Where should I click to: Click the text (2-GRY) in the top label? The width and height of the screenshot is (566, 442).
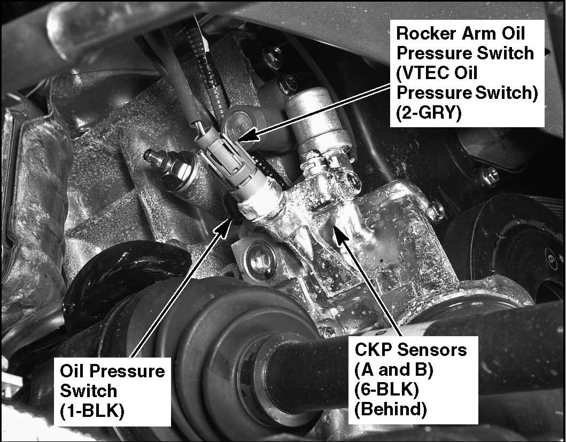[x=429, y=113]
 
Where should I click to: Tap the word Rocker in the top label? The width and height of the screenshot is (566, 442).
[x=426, y=34]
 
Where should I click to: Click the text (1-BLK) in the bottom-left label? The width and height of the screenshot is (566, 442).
[x=92, y=410]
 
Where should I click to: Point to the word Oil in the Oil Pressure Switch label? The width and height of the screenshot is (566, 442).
[x=72, y=371]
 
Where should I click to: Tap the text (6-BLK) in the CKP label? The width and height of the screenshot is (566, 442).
[x=386, y=390]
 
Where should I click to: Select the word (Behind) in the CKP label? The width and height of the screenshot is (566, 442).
[x=391, y=409]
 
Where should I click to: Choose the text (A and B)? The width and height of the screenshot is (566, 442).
[x=393, y=370]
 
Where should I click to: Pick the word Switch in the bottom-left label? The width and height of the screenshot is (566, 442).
[x=88, y=391]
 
